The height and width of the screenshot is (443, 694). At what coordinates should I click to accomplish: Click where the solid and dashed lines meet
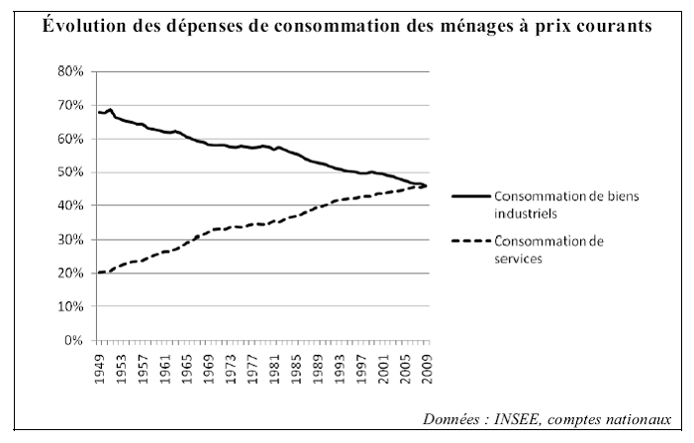[x=424, y=185]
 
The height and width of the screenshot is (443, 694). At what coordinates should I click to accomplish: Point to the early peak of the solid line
[x=110, y=109]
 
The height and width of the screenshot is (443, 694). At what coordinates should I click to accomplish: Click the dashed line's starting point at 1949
[x=99, y=273]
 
